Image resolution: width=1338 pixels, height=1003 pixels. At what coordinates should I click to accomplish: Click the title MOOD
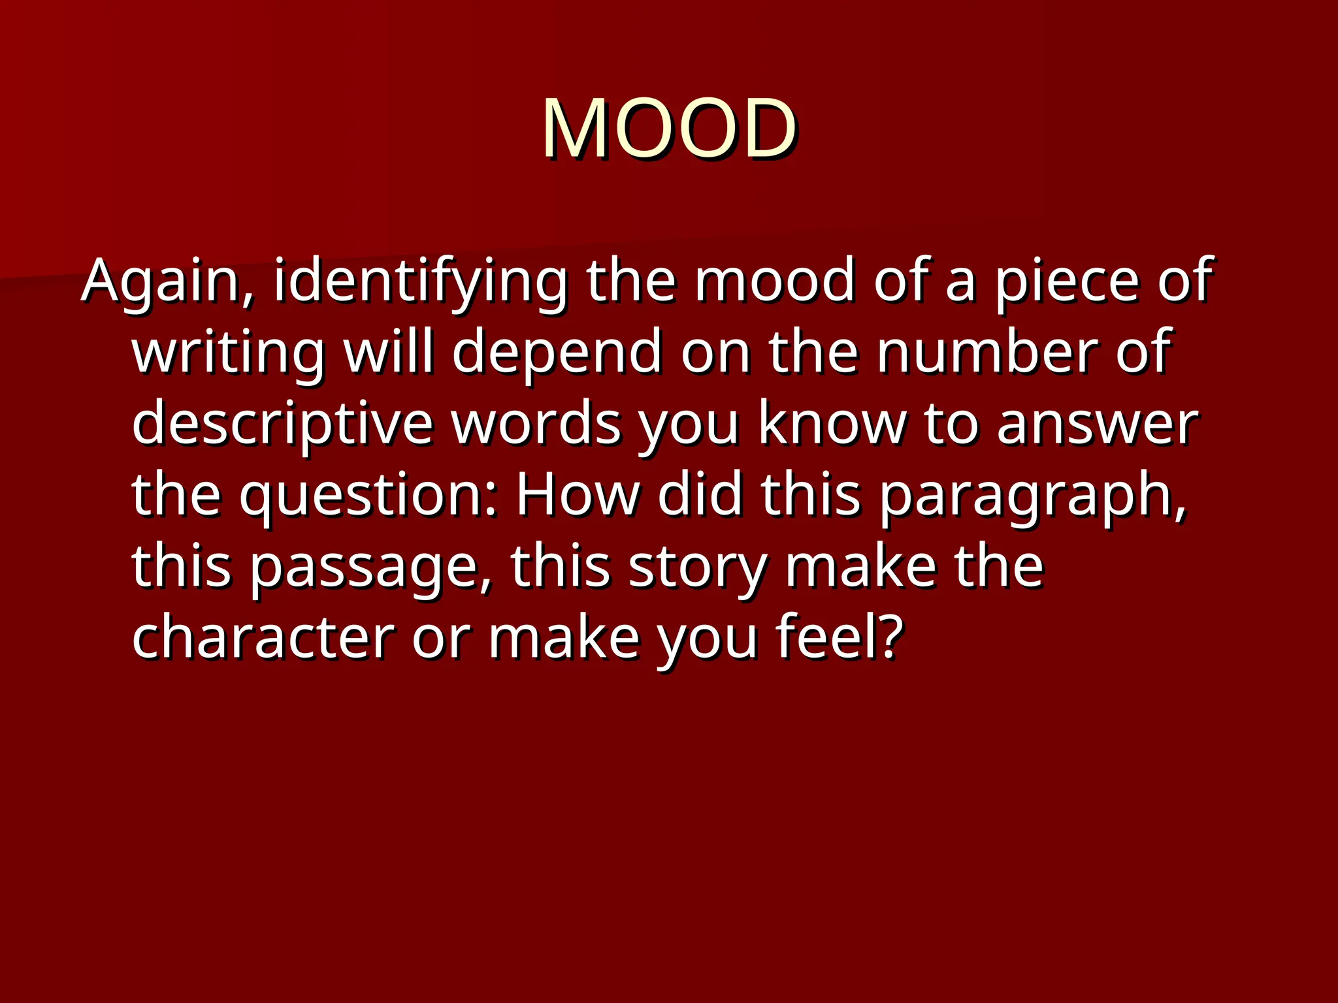(x=668, y=128)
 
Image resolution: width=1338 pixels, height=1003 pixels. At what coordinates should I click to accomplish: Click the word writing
(x=228, y=353)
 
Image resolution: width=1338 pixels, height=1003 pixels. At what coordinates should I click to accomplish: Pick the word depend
(x=557, y=353)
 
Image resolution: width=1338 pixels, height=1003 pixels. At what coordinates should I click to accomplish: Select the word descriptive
(x=283, y=424)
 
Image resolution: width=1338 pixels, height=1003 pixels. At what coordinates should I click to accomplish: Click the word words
(x=536, y=424)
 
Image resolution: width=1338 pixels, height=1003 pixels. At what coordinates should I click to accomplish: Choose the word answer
(x=1098, y=424)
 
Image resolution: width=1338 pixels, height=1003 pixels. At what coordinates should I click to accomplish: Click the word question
(x=369, y=495)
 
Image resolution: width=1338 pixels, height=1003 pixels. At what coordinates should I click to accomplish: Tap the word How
(x=578, y=495)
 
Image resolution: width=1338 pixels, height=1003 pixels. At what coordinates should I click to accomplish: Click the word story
(x=697, y=567)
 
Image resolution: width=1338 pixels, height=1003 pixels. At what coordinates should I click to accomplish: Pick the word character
(x=263, y=637)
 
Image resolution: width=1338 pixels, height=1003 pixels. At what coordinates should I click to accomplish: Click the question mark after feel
(x=890, y=637)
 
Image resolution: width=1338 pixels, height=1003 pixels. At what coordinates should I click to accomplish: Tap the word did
(x=700, y=495)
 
